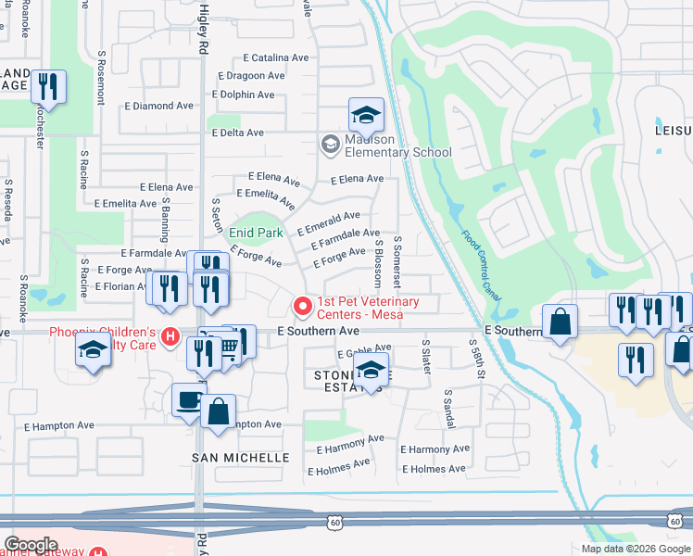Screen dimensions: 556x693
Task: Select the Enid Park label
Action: [x=256, y=233]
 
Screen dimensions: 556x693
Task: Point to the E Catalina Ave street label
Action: [x=275, y=57]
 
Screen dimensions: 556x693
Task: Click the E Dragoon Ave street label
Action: [x=251, y=76]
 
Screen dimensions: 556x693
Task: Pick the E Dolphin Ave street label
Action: [x=243, y=95]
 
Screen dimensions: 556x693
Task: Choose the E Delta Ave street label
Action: [x=238, y=133]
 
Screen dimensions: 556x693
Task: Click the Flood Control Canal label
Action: [x=481, y=266]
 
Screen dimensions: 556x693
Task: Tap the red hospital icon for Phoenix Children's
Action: [x=169, y=336]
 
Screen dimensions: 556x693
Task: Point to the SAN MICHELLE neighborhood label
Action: [x=241, y=458]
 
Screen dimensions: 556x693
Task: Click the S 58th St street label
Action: [x=482, y=359]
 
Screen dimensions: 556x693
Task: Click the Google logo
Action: [x=31, y=545]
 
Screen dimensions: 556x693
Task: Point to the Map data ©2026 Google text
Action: [x=635, y=549]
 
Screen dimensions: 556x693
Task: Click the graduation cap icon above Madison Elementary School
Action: [x=367, y=116]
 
